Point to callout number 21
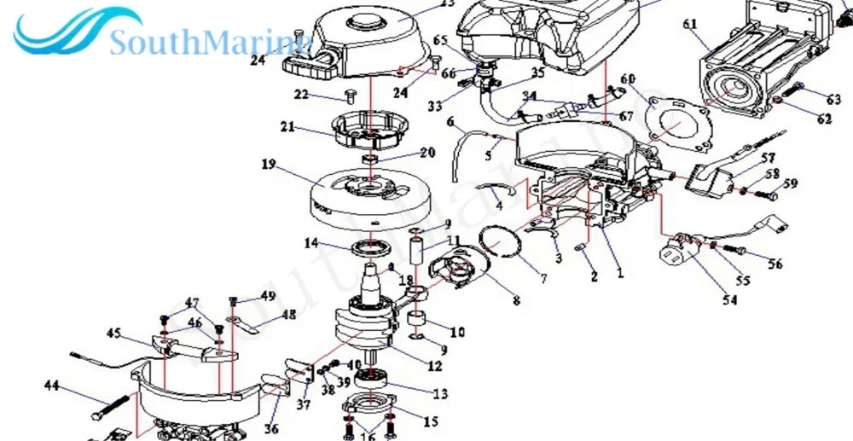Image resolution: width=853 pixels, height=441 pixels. (288, 127)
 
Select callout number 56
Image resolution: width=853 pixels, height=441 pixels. (774, 264)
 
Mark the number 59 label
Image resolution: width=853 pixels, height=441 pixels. (790, 183)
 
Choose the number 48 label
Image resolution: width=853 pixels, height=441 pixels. (289, 314)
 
